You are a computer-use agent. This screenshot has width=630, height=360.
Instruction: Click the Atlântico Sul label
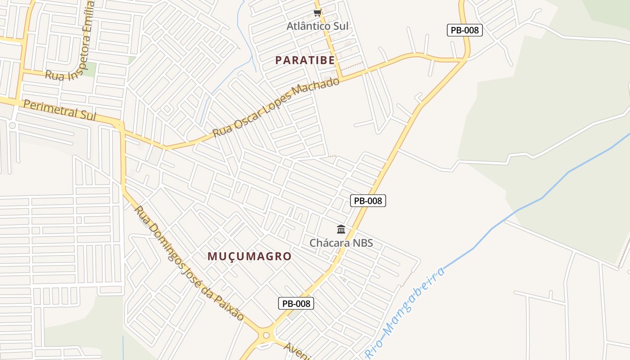318,26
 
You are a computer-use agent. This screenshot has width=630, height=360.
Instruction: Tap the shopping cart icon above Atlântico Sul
318,13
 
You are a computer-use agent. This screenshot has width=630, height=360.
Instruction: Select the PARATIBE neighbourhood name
305,60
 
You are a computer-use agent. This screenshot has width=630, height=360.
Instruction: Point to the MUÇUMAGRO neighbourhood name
249,256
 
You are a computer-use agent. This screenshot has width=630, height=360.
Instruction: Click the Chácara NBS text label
341,243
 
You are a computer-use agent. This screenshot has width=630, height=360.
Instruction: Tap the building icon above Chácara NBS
341,230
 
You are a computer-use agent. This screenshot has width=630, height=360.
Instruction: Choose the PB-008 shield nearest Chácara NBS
368,201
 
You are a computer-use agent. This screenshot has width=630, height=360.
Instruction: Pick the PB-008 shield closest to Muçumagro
296,303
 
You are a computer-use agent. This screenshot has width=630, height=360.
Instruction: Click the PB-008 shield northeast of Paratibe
465,30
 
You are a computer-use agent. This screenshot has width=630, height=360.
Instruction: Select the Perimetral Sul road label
60,110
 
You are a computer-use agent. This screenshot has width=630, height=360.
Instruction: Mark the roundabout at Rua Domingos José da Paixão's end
266,335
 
